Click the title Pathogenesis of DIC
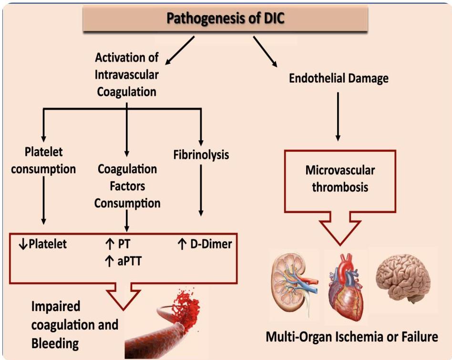click(x=226, y=19)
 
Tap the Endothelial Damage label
click(x=339, y=79)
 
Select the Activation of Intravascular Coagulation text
click(x=127, y=74)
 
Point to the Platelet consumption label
click(x=43, y=160)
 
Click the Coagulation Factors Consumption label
click(x=127, y=186)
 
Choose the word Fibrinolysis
click(x=201, y=155)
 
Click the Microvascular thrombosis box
click(x=340, y=178)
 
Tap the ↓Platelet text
click(x=42, y=245)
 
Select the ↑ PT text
click(x=117, y=245)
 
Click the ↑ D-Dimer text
click(x=205, y=245)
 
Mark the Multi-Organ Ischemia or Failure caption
click(x=351, y=337)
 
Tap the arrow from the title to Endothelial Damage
click(x=265, y=51)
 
